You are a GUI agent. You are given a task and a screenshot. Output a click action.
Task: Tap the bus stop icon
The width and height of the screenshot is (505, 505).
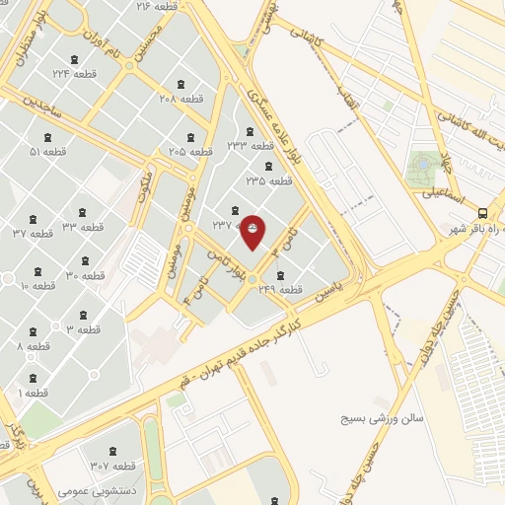(x=482, y=213)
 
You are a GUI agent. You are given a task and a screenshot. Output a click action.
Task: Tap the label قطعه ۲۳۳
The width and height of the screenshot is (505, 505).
(x=251, y=145)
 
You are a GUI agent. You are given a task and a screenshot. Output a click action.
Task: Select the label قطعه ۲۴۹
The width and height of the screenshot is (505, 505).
(x=278, y=290)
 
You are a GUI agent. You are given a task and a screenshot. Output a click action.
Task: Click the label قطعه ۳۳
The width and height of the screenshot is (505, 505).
(x=83, y=227)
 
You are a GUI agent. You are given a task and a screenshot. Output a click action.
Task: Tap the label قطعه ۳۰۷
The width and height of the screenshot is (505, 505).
(x=112, y=466)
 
